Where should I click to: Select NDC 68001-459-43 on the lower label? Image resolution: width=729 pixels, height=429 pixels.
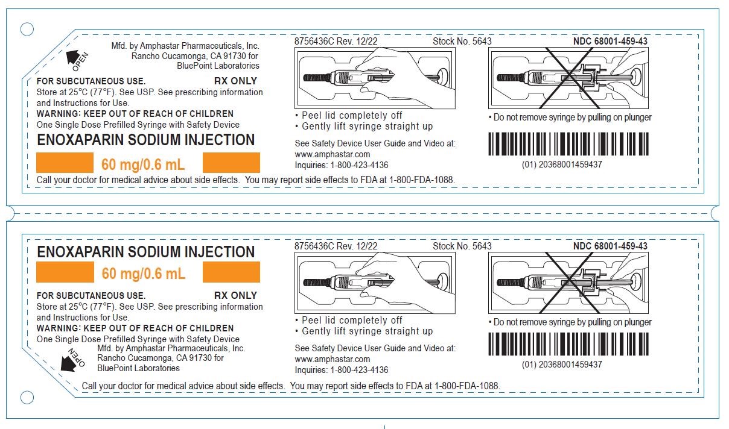click(610, 246)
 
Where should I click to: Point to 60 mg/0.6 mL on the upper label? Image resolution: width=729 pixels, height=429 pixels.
click(143, 164)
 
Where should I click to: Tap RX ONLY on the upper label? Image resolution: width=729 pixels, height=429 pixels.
click(235, 81)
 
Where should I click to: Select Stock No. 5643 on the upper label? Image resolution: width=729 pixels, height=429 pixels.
click(462, 42)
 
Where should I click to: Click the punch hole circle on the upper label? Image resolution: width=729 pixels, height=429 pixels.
click(27, 29)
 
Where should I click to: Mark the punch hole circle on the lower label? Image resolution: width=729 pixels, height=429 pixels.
click(27, 397)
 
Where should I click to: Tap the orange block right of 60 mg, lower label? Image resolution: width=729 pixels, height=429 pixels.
click(231, 273)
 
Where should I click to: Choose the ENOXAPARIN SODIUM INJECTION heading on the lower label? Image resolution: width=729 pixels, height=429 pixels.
click(145, 252)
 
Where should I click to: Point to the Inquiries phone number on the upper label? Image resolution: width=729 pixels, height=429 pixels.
click(341, 165)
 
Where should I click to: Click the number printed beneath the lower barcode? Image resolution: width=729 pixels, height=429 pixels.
click(562, 365)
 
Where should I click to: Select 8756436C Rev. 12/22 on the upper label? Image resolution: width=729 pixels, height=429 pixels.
click(336, 42)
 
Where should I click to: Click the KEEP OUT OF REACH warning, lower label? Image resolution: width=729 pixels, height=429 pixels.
click(135, 328)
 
